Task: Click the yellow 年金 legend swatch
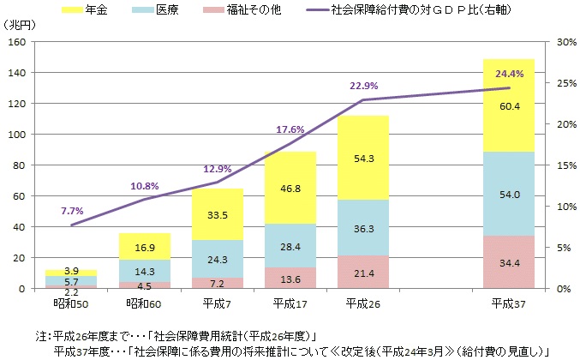point(72,9)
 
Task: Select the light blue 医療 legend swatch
point(142,9)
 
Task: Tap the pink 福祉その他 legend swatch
point(213,9)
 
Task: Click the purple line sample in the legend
point(318,10)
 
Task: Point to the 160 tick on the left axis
point(17,42)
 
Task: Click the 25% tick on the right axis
point(566,83)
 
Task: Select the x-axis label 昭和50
point(71,304)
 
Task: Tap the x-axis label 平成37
point(508,304)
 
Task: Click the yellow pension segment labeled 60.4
point(509,105)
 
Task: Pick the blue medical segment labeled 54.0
point(509,194)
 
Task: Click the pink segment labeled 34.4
point(509,262)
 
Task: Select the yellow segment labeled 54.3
point(363,158)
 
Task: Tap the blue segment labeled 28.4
point(290,246)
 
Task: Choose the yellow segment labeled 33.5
point(218,214)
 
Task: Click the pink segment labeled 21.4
point(363,272)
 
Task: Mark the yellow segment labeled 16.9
point(145,247)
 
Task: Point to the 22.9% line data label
point(364,86)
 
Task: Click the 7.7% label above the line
point(72,211)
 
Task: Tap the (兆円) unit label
point(19,25)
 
